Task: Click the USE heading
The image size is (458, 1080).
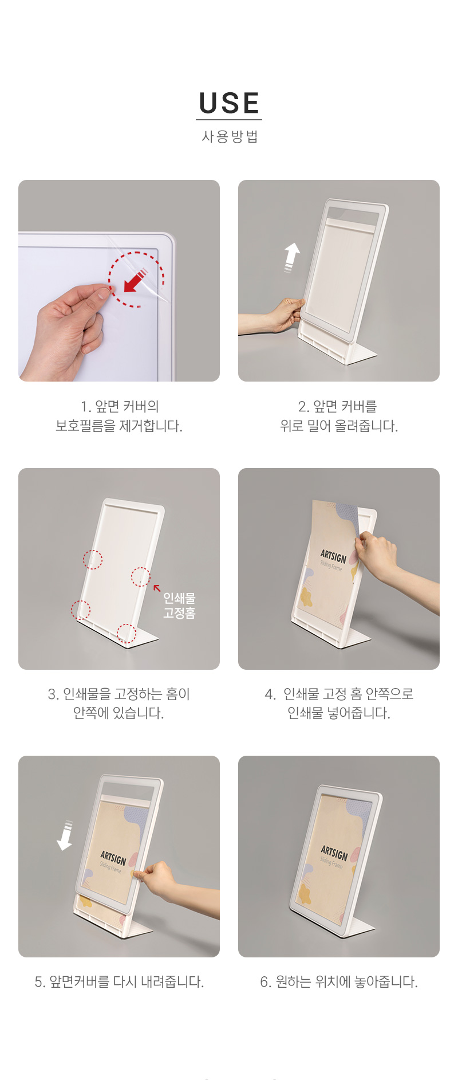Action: point(229,103)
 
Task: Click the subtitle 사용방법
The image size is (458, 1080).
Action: point(230,136)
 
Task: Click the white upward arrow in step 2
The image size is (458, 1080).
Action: point(292,257)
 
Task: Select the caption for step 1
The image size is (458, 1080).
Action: point(119,416)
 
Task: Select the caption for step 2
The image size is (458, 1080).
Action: point(339,416)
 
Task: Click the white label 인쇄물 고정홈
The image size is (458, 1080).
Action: point(179,606)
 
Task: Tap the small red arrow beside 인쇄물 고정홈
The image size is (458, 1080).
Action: point(157,588)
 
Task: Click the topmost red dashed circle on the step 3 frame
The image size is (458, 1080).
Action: point(93,559)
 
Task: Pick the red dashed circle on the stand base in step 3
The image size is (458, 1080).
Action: point(127,634)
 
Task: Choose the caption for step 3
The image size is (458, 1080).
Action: point(119,704)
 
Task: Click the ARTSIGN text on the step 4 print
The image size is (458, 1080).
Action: point(333,556)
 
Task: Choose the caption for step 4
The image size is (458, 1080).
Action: point(339,704)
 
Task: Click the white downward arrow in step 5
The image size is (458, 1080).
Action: point(65,835)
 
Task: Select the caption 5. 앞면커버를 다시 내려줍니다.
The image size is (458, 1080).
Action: point(119,982)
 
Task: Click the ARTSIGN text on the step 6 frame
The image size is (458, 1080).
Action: point(334,853)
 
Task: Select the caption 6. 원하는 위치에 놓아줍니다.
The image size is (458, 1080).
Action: point(339,982)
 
